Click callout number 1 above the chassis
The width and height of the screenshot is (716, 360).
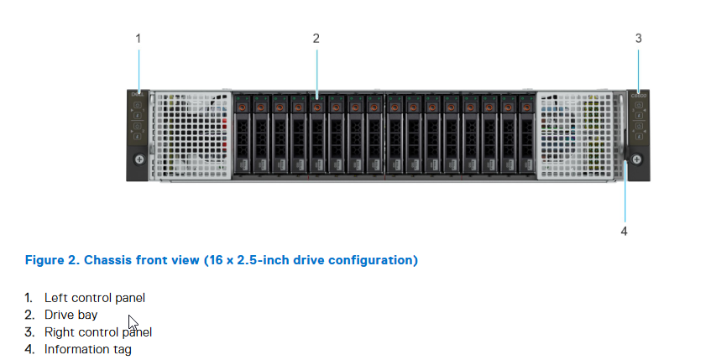pyautogui.click(x=138, y=39)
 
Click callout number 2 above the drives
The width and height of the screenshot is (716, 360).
pyautogui.click(x=316, y=39)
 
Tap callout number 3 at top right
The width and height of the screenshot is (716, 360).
pyautogui.click(x=639, y=39)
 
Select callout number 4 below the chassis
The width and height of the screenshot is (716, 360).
pyautogui.click(x=624, y=232)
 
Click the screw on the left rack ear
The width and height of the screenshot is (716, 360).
pyautogui.click(x=139, y=159)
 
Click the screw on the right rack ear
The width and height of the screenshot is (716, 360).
pyautogui.click(x=636, y=159)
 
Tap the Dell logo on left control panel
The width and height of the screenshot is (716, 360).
pyautogui.click(x=138, y=95)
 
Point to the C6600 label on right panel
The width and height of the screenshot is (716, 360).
pyautogui.click(x=639, y=96)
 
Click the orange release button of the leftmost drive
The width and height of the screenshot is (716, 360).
pyautogui.click(x=242, y=107)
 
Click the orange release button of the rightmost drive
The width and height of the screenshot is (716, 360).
pyautogui.click(x=526, y=107)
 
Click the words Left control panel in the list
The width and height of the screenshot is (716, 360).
pyautogui.click(x=95, y=298)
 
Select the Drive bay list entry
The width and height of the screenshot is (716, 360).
pyautogui.click(x=71, y=316)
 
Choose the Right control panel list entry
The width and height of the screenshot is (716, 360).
pyautogui.click(x=98, y=332)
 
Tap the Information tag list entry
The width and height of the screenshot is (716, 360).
pyautogui.click(x=87, y=349)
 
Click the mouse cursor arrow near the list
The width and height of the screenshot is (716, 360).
pyautogui.click(x=133, y=322)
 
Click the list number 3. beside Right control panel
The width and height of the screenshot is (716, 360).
pyautogui.click(x=29, y=332)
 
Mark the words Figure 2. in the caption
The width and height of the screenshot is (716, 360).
pyautogui.click(x=53, y=260)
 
